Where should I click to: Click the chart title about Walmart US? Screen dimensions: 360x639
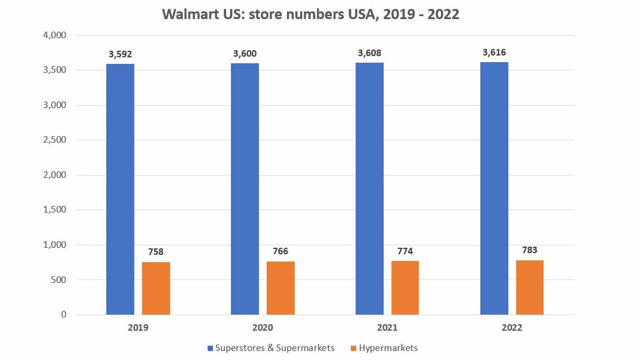(310, 14)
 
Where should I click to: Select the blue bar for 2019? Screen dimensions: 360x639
(120, 189)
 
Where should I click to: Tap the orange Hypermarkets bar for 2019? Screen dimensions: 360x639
(156, 288)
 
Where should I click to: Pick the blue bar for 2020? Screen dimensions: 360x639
(245, 189)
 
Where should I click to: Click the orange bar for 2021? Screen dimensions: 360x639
(405, 287)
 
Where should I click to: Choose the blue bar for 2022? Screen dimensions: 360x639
(494, 188)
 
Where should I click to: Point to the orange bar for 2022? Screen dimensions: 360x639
(530, 287)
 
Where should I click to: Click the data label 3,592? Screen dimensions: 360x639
(120, 54)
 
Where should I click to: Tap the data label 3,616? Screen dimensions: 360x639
(494, 53)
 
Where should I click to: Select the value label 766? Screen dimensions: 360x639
(280, 251)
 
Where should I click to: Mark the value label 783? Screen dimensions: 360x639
(530, 250)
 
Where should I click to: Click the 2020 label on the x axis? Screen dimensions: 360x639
(263, 328)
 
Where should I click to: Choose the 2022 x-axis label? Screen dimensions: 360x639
(512, 328)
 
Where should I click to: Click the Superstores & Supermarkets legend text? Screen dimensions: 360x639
(274, 347)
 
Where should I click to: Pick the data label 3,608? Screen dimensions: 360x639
(369, 53)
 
